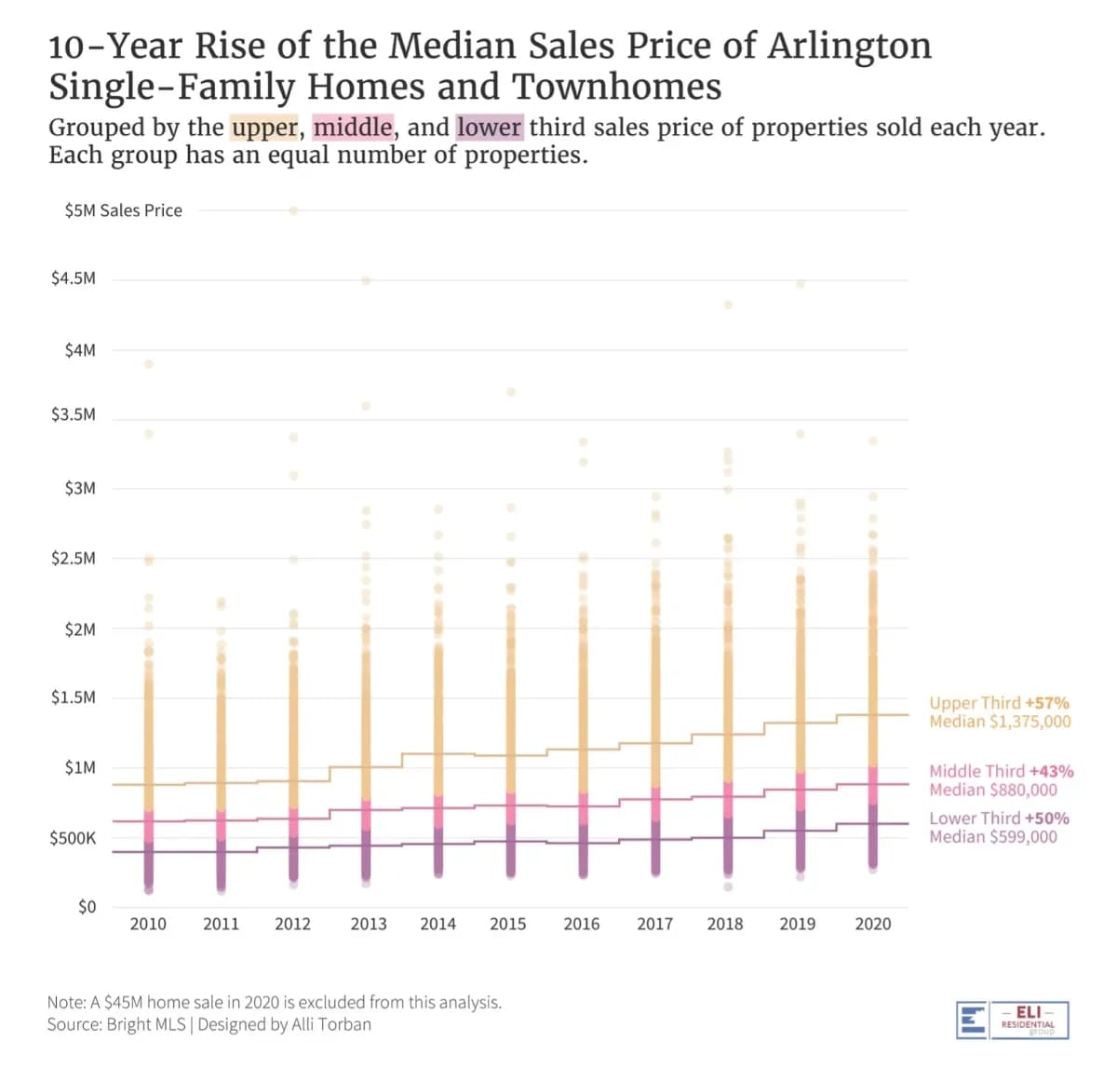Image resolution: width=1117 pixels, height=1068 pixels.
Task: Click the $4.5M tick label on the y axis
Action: [74, 278]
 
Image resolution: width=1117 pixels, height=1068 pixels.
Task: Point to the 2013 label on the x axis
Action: [368, 924]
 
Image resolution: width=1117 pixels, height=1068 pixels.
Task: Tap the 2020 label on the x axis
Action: [872, 924]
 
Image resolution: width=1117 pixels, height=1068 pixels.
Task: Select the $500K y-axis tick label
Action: [73, 838]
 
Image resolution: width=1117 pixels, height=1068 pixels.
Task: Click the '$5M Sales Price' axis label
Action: [124, 210]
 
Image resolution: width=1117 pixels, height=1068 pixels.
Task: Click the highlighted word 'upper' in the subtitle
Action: [264, 128]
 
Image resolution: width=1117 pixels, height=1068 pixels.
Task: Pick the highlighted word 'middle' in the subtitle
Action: [353, 128]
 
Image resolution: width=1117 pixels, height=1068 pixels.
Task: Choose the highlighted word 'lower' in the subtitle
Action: [490, 128]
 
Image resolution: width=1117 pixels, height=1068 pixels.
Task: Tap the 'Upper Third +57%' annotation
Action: [999, 703]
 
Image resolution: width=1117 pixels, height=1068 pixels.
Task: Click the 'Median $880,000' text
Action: [993, 790]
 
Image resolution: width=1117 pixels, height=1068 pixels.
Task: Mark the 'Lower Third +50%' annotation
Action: [999, 818]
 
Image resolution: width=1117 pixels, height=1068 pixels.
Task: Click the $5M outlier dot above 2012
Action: [293, 210]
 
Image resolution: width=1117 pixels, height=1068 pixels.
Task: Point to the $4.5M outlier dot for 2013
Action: [366, 280]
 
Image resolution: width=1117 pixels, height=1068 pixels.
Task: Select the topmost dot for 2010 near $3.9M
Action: [148, 364]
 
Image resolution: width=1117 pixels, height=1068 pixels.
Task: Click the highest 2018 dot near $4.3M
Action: [728, 304]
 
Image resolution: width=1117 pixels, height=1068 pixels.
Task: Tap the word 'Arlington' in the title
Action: [848, 46]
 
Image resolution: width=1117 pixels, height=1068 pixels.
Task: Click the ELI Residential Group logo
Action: [1013, 1020]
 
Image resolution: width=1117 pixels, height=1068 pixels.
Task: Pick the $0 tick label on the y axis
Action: [87, 907]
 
